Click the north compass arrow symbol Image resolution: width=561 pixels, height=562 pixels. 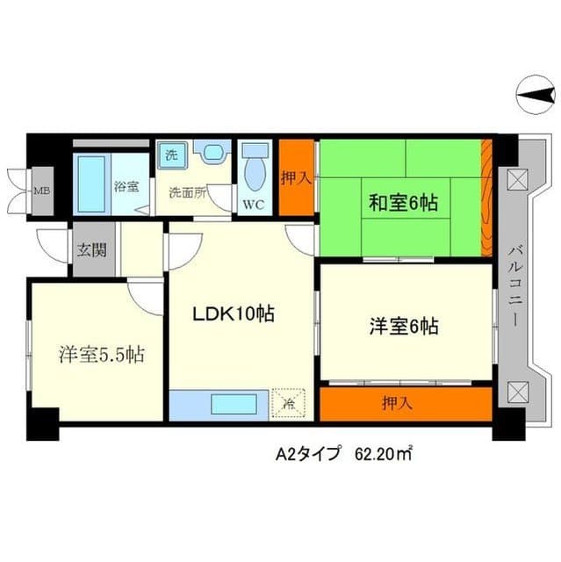[x=536, y=95]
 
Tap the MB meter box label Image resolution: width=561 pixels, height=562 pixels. [x=42, y=191]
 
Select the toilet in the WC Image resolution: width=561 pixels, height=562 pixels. [x=255, y=167]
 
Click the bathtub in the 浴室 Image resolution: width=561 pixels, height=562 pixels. [x=91, y=184]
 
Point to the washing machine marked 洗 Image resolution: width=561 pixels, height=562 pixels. [x=171, y=155]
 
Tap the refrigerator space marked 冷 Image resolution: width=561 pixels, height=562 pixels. [x=288, y=404]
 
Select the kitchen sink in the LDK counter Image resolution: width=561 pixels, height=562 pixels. [x=234, y=404]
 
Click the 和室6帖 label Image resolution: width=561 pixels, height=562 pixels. [x=403, y=203]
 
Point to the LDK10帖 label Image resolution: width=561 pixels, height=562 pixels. [x=234, y=314]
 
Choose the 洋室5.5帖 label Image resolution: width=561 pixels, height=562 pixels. [x=102, y=355]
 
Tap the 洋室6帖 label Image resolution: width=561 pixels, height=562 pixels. [x=404, y=326]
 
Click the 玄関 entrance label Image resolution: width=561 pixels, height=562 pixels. [x=91, y=249]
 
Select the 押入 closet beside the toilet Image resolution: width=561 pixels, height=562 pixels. [x=297, y=177]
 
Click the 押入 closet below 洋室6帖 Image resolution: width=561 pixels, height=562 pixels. [x=406, y=404]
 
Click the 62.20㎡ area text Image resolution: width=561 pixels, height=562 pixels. [x=384, y=454]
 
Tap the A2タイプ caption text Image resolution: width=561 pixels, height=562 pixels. [x=307, y=454]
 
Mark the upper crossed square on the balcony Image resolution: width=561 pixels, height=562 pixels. [x=518, y=177]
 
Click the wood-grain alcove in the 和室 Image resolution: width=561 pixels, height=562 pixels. [x=486, y=198]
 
